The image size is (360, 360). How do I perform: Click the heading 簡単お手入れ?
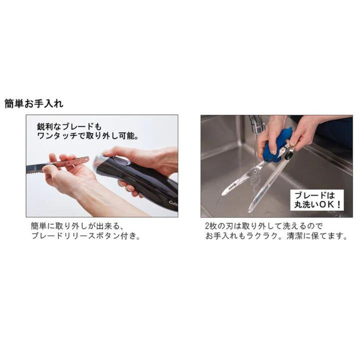(x=33, y=104)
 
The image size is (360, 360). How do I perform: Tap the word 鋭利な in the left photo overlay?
(x=50, y=126)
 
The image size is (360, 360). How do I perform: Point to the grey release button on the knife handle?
(x=120, y=161)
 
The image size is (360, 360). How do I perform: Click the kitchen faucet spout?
(x=256, y=123)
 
